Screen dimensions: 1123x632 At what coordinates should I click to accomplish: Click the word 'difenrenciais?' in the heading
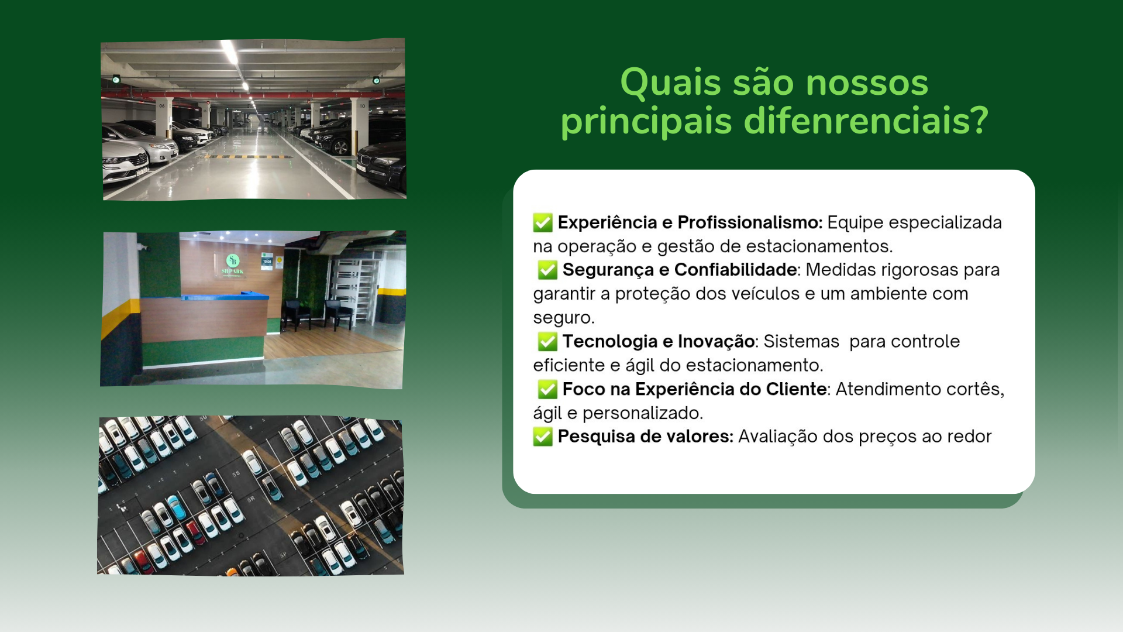tap(866, 121)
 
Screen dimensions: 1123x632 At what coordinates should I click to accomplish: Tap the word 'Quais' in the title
tap(670, 83)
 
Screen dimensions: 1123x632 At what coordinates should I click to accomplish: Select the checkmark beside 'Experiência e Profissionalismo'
tap(543, 222)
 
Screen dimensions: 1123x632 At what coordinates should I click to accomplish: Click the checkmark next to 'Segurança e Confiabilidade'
tap(547, 270)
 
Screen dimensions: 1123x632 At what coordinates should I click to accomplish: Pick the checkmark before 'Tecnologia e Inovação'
tap(547, 341)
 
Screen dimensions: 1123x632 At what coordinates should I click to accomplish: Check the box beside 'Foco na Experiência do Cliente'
tap(547, 389)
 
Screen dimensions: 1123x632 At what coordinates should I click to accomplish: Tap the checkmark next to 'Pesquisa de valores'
tap(543, 437)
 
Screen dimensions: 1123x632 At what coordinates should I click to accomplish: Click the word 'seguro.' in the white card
tap(563, 318)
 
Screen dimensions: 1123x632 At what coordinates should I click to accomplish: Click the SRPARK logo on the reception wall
tap(233, 265)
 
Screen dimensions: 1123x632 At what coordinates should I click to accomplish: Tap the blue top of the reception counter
tap(225, 296)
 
